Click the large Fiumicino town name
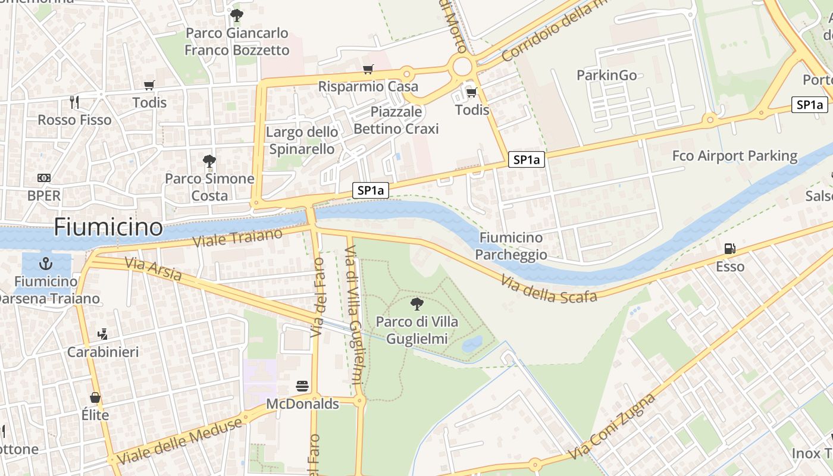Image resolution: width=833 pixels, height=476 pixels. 108,227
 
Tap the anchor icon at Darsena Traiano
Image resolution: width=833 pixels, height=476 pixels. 45,263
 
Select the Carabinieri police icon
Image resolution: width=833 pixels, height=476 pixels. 102,334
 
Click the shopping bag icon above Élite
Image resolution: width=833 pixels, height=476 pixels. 95,397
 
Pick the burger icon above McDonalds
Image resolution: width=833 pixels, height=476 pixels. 302,386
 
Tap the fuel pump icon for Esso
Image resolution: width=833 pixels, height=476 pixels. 729,248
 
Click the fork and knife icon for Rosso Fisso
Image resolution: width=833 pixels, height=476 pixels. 74,102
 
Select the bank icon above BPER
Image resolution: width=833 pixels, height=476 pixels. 44,178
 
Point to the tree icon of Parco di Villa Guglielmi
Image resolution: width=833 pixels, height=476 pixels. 416,304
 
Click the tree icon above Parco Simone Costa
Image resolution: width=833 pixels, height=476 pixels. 209,161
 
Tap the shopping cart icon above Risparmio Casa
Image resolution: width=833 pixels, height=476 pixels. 368,69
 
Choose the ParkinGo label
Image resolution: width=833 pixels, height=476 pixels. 606,75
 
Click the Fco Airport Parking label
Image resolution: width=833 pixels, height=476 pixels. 734,156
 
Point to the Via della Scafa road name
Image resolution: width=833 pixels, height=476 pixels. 549,289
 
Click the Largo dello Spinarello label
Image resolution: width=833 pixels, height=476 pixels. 302,140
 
